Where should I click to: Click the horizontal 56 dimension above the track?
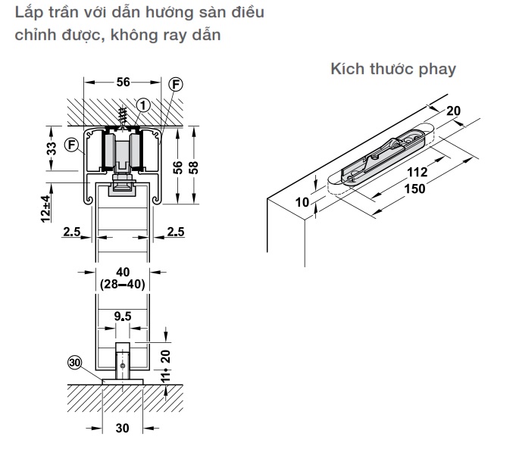124,83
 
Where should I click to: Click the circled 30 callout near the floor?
73,363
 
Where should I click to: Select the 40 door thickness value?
124,271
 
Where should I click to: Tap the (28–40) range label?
124,284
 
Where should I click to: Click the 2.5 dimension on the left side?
72,231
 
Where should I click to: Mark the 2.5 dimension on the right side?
175,231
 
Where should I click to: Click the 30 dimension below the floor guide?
123,429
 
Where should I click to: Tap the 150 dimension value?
414,189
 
